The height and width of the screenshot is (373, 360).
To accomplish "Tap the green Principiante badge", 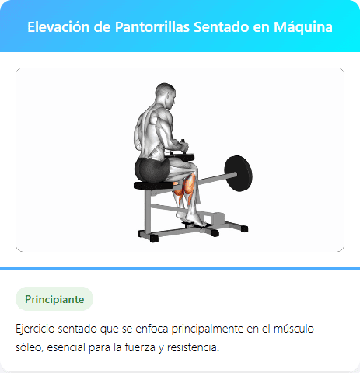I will (x=54, y=298).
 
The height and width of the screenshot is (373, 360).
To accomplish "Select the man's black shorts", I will (x=151, y=166).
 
